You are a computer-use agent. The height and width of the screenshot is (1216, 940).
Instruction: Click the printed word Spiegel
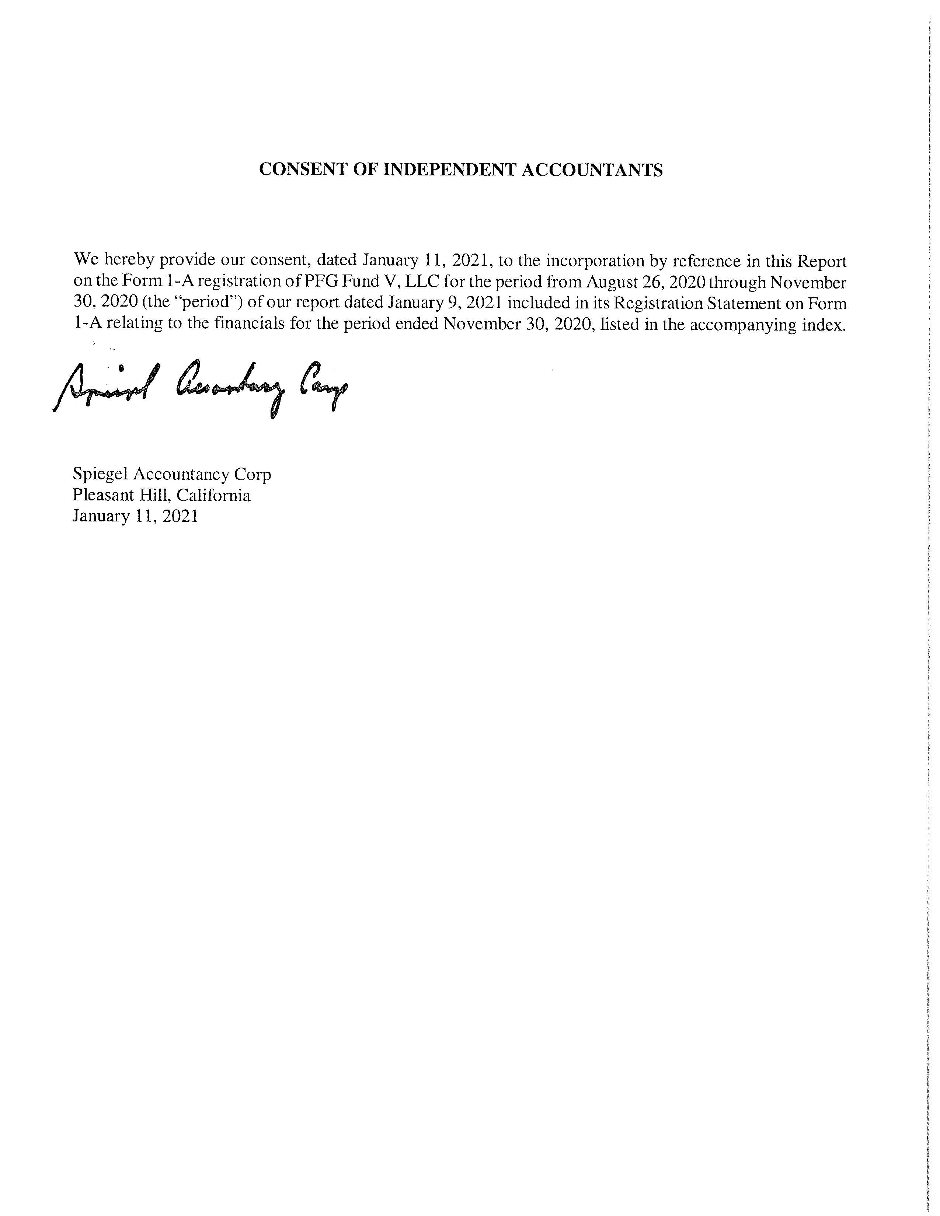[x=100, y=474]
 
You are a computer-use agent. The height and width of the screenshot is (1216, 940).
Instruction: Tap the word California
[x=213, y=495]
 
